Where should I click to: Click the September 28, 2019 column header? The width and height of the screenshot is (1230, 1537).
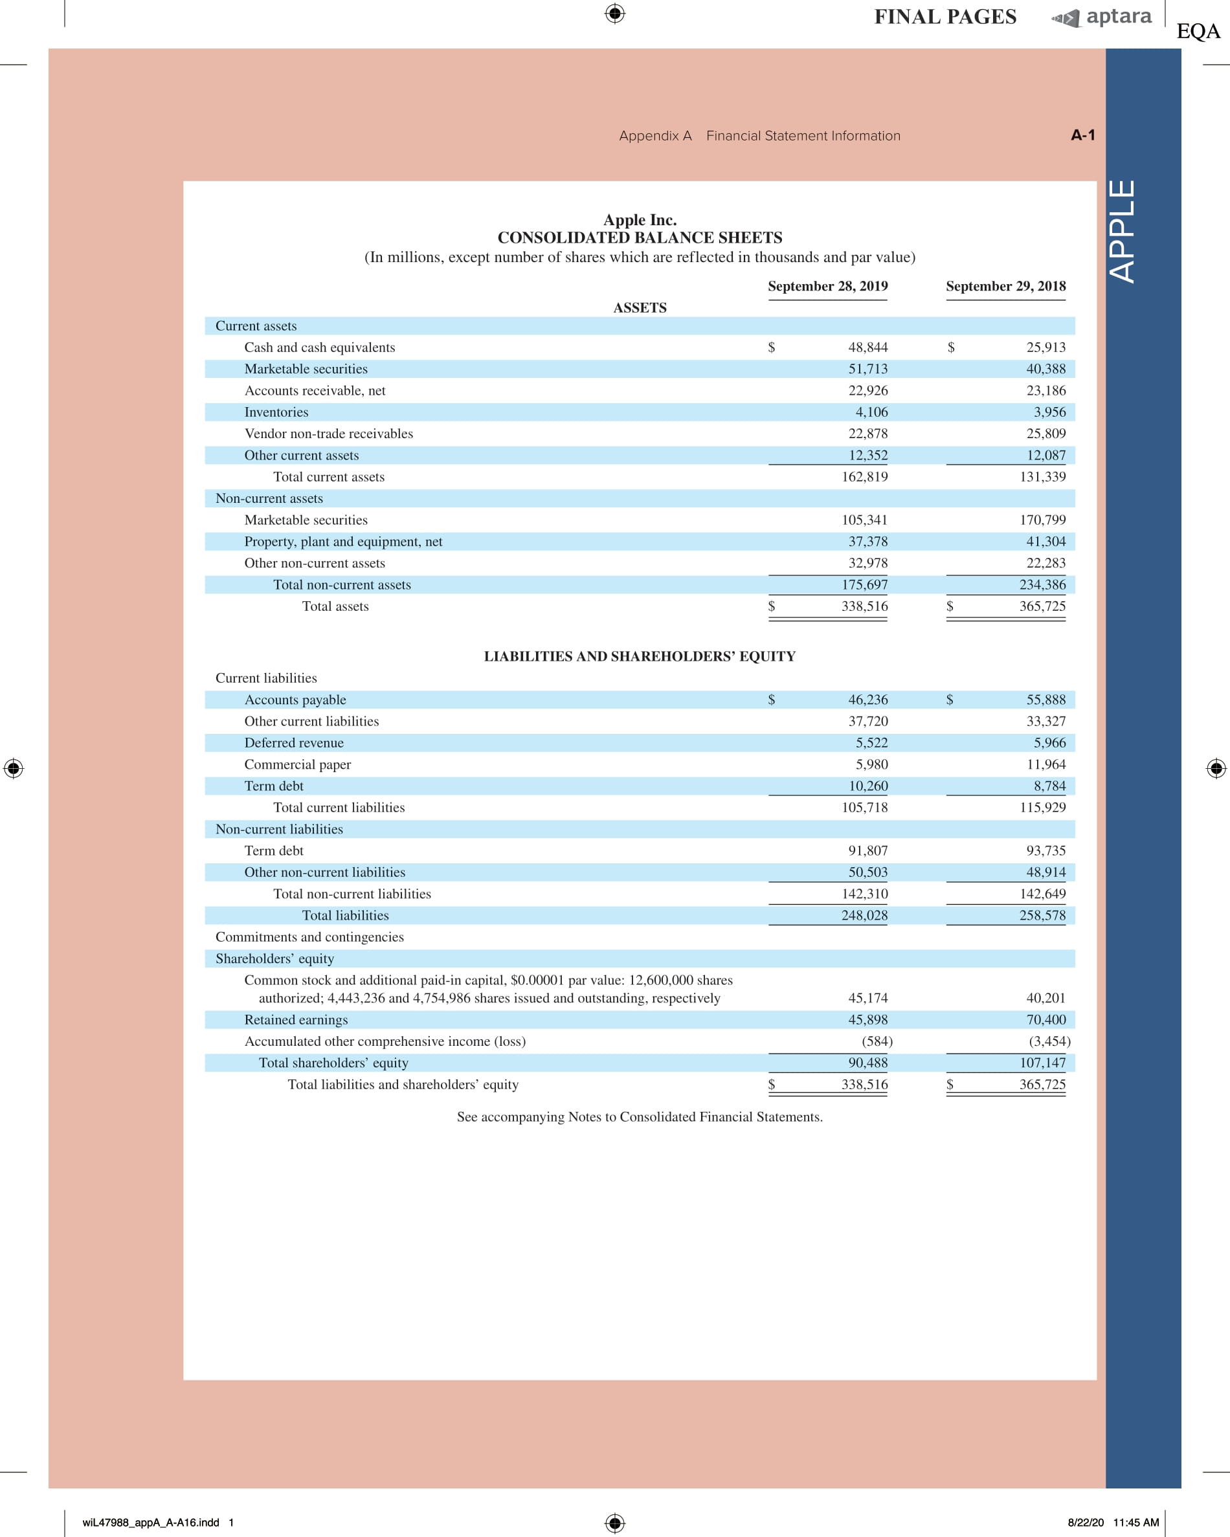pos(827,286)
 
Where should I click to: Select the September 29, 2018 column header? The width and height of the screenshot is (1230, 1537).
pos(1005,286)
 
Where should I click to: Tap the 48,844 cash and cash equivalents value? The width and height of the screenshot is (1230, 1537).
pos(867,347)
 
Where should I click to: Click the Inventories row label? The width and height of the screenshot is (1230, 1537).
pos(276,412)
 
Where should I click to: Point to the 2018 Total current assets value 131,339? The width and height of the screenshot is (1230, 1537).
pos(1042,477)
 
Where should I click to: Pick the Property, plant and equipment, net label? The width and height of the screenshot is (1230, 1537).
pos(343,542)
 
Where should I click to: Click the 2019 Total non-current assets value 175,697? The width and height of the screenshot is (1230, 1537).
pos(864,584)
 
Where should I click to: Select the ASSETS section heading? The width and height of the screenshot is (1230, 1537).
pos(640,308)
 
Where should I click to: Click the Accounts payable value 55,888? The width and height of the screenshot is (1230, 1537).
pos(1046,700)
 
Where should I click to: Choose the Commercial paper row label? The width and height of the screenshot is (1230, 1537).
pos(297,764)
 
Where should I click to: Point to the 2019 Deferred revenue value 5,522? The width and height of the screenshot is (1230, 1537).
pos(871,743)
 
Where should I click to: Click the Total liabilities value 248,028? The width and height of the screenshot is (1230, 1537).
pos(864,915)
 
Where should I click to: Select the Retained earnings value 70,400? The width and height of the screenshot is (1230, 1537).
pos(1046,1019)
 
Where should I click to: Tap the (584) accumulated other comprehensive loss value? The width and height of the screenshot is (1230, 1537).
pos(877,1041)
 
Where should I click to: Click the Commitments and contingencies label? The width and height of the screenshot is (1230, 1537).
pos(309,936)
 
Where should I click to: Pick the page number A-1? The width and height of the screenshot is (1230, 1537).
pos(1082,135)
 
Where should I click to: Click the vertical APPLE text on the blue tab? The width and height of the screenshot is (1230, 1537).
pos(1123,231)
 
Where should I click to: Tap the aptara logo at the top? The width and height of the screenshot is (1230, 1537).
pos(1102,17)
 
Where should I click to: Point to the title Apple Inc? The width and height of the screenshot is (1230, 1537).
pos(640,219)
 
